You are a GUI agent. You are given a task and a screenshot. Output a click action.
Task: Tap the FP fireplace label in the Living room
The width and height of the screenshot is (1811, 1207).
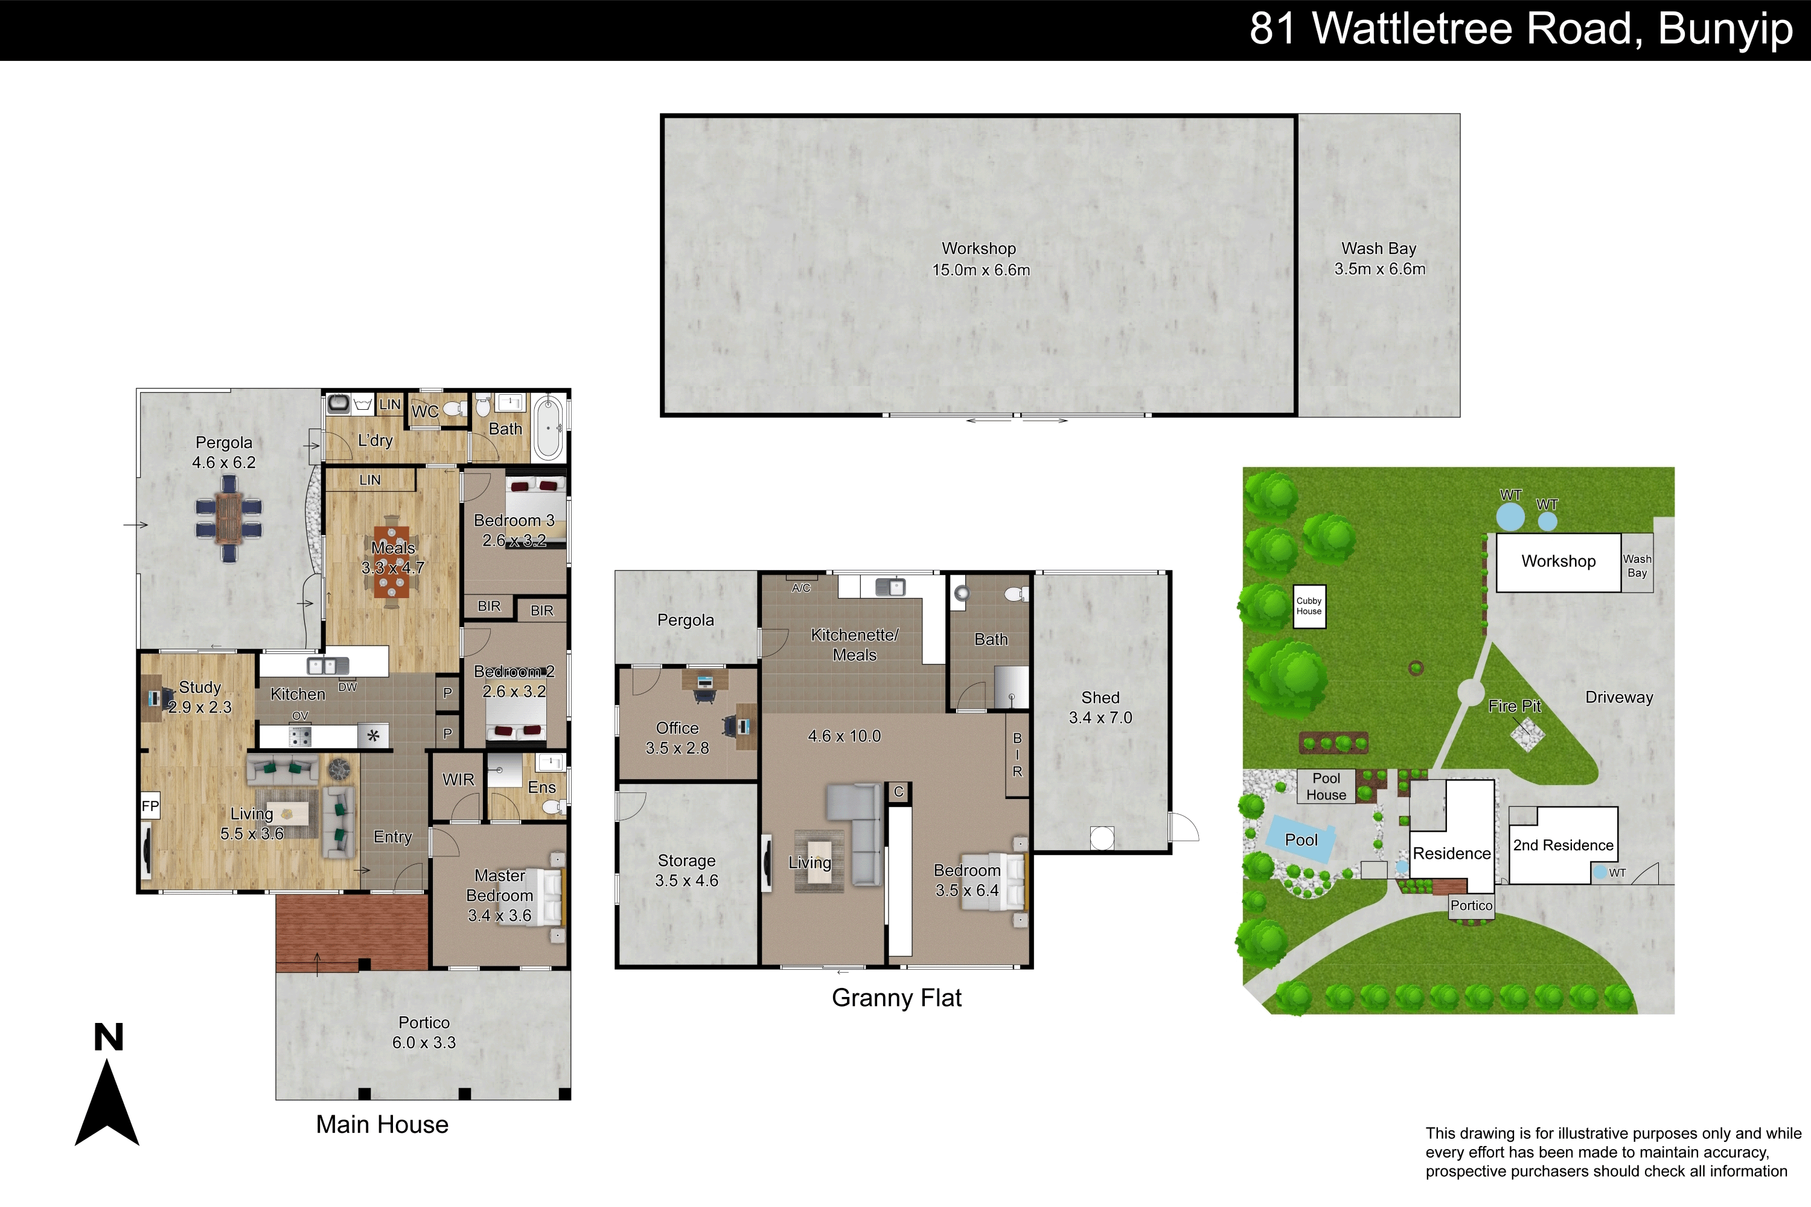[x=150, y=806]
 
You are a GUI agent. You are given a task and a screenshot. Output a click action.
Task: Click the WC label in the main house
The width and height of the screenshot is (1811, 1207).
[x=424, y=412]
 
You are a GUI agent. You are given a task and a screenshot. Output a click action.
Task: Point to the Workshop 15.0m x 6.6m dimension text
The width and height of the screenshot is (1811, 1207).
[x=981, y=269]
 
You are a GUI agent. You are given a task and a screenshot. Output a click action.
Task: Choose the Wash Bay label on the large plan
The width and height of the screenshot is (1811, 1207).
[x=1379, y=249]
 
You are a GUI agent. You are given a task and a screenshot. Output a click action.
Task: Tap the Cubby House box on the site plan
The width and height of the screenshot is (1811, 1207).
[x=1309, y=607]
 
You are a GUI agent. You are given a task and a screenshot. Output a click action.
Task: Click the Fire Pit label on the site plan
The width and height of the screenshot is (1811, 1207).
[x=1515, y=706]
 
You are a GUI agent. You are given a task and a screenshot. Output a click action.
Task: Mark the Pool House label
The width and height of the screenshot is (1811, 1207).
[x=1326, y=787]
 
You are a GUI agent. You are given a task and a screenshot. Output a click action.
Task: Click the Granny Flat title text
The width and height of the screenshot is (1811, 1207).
[x=896, y=998]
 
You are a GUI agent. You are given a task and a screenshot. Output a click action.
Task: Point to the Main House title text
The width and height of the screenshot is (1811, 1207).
[x=382, y=1125]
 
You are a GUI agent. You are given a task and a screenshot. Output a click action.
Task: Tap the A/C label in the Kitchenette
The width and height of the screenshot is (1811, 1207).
[x=801, y=588]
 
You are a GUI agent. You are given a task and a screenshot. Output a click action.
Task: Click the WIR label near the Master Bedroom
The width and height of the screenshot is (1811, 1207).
[x=458, y=780]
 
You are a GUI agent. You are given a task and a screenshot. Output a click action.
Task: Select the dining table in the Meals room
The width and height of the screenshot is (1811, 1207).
[x=391, y=562]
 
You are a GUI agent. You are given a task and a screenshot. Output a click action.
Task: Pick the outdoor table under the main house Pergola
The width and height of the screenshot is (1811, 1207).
[x=229, y=518]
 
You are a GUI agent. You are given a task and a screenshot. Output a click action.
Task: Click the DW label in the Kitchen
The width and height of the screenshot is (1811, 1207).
[x=347, y=687]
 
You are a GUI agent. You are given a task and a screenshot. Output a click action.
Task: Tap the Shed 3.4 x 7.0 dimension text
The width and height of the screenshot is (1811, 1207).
[x=1100, y=718]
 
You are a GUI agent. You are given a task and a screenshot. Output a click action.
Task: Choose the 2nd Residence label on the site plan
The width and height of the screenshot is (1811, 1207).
[x=1563, y=846]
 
